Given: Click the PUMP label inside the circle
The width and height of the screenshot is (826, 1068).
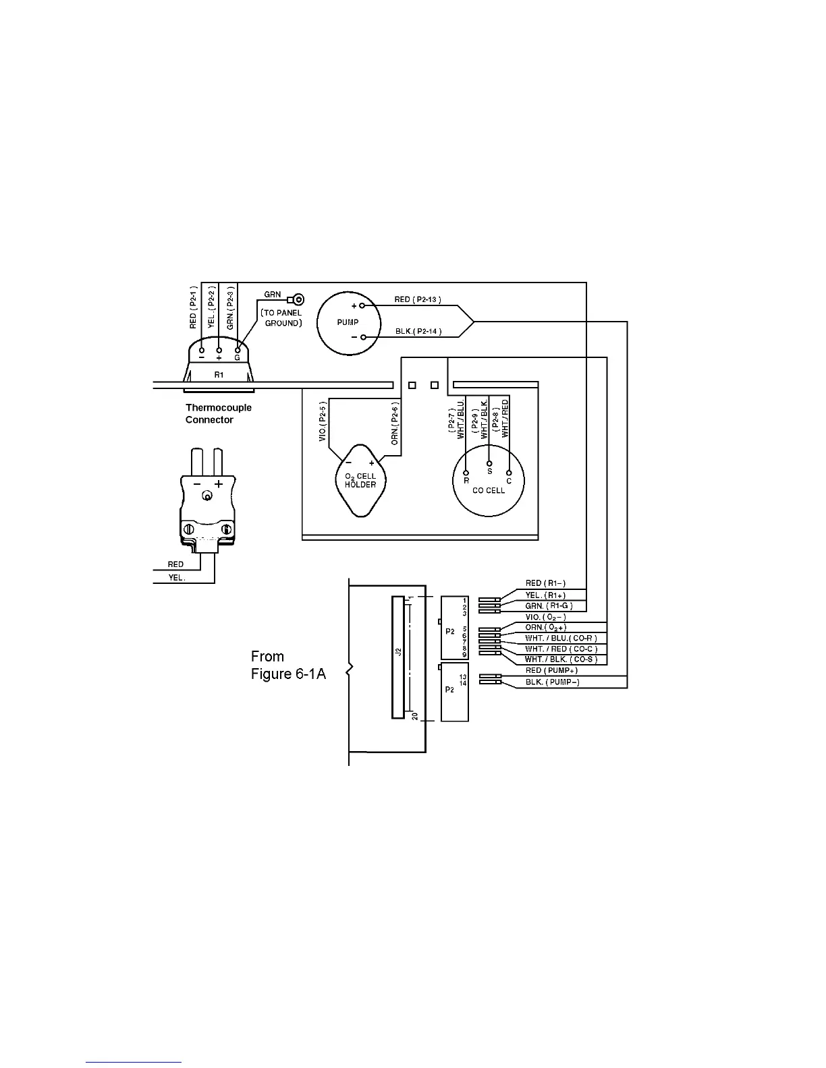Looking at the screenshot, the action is coord(348,322).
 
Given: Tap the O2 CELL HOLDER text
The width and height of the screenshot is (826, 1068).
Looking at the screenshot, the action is coord(360,480).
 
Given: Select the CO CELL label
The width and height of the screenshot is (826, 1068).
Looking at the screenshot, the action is coord(489,490).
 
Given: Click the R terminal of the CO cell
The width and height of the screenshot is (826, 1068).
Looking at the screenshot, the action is coord(466,473).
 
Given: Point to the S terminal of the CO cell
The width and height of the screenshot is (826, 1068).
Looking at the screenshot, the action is coord(490,464).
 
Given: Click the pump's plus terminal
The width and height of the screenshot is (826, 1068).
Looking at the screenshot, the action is coord(362,305).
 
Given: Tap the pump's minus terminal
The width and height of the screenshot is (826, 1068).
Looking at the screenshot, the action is coord(362,337).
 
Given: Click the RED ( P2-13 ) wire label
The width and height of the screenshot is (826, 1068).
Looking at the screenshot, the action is coord(418,299).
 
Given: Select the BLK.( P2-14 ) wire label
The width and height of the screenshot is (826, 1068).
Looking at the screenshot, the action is coord(418,331).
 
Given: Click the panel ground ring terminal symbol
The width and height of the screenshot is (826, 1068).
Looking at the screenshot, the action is coord(296,300).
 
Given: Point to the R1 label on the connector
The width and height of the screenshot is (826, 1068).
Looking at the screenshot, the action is coord(219,375).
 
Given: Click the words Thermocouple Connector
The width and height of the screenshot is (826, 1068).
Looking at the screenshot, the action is coord(218,413).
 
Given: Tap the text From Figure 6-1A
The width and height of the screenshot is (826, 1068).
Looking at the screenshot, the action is coord(288,665).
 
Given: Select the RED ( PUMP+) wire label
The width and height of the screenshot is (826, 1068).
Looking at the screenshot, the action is coord(551,671).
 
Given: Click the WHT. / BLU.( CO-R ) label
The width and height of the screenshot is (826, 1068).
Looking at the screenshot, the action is coord(561,639).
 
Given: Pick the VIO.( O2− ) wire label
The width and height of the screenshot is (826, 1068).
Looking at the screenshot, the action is coord(545,618).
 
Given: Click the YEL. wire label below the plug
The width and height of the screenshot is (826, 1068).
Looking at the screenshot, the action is coord(176,578).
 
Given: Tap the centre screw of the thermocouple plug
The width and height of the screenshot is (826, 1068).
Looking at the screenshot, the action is coord(208,498).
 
